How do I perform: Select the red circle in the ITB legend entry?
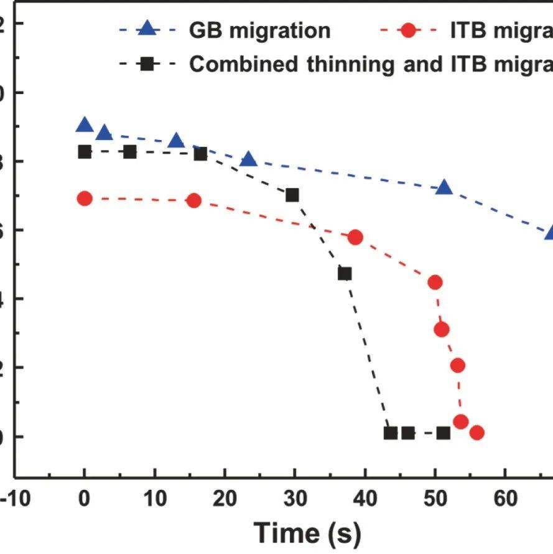(407, 30)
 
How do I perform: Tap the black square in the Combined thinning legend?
(147, 64)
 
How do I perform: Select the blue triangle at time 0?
(85, 125)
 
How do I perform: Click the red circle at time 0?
(85, 199)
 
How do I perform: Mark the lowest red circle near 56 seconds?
(476, 433)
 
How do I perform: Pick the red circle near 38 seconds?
(355, 237)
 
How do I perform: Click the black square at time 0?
(85, 152)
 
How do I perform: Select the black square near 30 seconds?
(292, 195)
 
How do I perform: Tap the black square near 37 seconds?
(345, 274)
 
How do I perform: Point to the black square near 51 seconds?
(443, 433)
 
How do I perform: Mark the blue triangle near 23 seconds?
(249, 160)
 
